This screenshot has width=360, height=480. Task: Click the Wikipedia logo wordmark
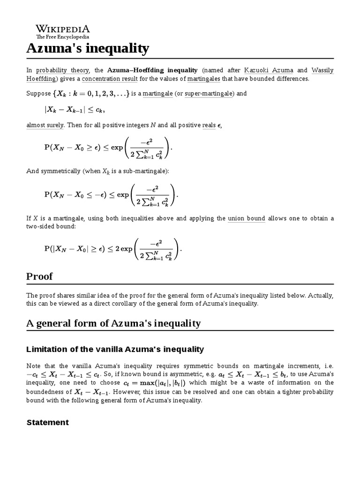click(x=63, y=29)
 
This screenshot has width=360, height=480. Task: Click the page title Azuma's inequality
click(x=88, y=48)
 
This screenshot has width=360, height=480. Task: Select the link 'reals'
click(x=209, y=125)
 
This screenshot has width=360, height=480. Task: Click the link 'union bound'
click(x=247, y=218)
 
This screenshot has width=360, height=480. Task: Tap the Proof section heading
click(x=39, y=277)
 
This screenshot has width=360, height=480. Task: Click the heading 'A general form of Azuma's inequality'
click(x=113, y=323)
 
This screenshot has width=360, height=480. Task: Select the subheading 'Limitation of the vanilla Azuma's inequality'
click(x=115, y=349)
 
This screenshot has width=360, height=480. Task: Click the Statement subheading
click(x=48, y=422)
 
